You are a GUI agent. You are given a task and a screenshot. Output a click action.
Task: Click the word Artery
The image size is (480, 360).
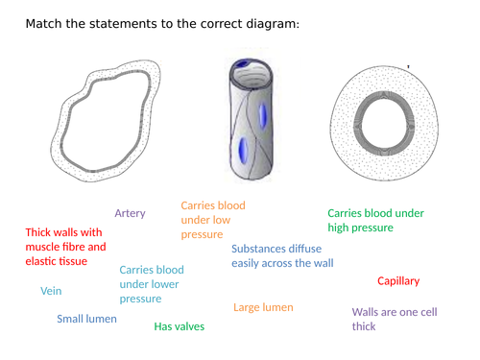click(130, 213)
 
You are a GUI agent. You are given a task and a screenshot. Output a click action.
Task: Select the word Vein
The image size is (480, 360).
click(52, 291)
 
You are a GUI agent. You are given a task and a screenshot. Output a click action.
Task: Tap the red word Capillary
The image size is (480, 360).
click(398, 281)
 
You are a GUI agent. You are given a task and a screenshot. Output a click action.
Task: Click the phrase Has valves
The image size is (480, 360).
click(179, 326)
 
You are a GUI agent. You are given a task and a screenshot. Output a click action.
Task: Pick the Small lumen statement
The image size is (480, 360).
click(86, 319)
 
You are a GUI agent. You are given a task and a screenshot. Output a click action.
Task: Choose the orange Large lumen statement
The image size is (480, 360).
click(263, 307)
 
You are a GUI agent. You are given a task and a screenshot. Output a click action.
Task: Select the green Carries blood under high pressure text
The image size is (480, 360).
click(375, 220)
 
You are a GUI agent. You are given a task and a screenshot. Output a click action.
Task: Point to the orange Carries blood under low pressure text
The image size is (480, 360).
click(213, 220)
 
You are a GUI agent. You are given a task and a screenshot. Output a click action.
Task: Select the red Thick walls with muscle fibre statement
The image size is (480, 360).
click(63, 246)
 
